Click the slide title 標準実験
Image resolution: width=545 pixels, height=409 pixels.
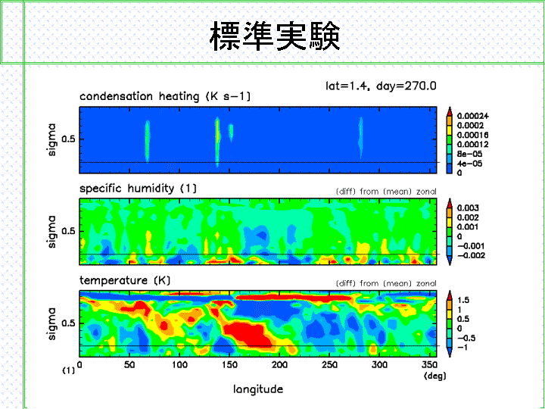pos(275,36)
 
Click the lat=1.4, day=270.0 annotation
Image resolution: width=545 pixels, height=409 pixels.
pos(381,86)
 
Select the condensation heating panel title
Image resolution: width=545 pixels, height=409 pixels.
pos(165,96)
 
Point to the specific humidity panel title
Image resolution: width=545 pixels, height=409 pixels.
pos(138,188)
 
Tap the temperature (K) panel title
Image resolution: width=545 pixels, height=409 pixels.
pos(125,280)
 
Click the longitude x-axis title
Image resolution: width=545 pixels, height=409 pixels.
pos(258,389)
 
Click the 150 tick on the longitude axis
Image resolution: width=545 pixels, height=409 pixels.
pos(229,364)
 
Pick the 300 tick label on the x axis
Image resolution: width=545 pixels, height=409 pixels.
pos(379,364)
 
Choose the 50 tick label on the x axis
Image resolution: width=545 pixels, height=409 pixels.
pos(129,364)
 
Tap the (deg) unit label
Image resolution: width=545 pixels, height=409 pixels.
pos(434,376)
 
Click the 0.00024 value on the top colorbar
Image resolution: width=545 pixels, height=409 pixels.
pos(472,116)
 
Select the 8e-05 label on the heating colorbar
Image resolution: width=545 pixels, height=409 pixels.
pos(469,154)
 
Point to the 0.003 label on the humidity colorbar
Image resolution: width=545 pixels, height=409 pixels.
pos(468,208)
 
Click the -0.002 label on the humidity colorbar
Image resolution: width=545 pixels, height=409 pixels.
pos(471,256)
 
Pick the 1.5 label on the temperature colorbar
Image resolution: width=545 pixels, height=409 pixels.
pos(463,300)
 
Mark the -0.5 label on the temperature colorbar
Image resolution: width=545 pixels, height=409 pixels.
pos(466,338)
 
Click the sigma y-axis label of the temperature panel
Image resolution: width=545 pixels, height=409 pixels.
pos(51,323)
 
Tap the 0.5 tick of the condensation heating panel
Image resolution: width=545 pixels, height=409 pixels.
pos(68,139)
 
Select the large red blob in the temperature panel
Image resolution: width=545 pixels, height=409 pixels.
pos(248,335)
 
